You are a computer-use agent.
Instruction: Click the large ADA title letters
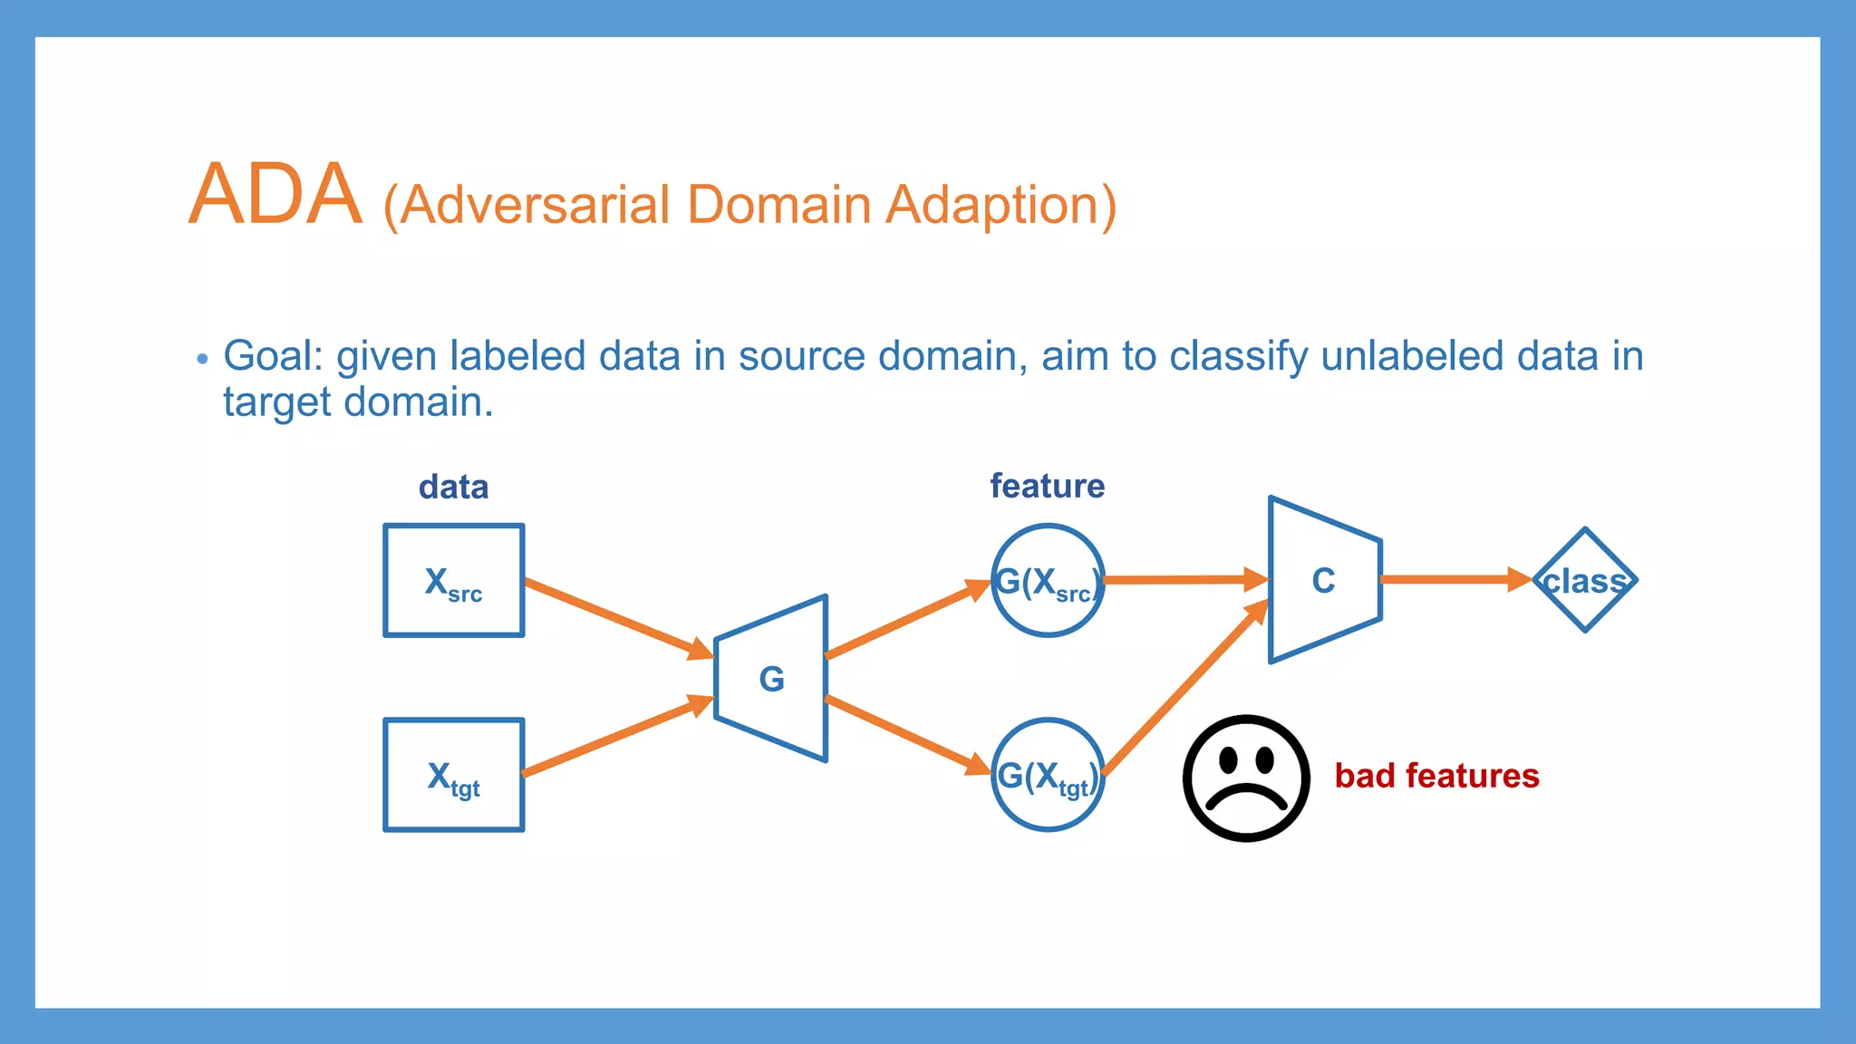(x=275, y=194)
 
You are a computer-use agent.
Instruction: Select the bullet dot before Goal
(x=202, y=360)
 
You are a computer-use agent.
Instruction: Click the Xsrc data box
(x=453, y=581)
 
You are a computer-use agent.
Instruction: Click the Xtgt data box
(x=453, y=775)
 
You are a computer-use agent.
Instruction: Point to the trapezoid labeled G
(x=771, y=679)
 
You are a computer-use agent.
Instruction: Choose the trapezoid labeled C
(x=1323, y=580)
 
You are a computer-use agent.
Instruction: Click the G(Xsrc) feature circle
(x=1047, y=581)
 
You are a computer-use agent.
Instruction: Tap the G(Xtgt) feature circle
(x=1047, y=775)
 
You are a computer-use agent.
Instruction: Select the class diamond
(x=1585, y=580)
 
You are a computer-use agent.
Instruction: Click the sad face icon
(x=1246, y=778)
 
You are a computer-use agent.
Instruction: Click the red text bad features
(x=1436, y=776)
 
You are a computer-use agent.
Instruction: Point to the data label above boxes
(x=453, y=487)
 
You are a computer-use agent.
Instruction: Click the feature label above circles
(x=1047, y=486)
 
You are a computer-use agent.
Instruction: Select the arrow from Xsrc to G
(x=616, y=617)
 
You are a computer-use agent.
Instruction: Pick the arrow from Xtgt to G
(x=616, y=737)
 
